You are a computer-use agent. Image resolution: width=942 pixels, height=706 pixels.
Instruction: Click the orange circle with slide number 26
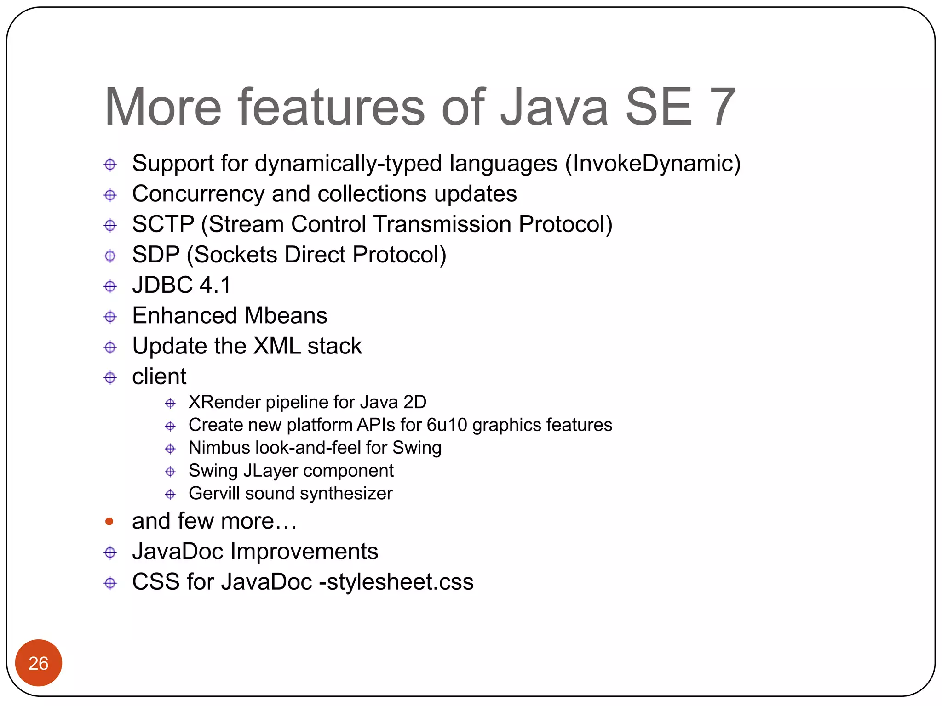(38, 662)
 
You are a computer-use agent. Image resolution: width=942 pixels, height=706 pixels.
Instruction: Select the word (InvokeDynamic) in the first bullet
(653, 164)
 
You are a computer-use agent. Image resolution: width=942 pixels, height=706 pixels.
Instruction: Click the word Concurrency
(198, 194)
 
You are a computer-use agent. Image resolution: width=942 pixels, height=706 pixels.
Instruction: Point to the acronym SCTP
(163, 224)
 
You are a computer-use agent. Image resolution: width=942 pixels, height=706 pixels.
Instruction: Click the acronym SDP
(155, 255)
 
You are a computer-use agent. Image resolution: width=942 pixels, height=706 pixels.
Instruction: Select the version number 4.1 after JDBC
(215, 285)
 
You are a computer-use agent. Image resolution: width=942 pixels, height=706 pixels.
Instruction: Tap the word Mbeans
(286, 316)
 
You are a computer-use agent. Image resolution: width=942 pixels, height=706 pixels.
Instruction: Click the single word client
(159, 376)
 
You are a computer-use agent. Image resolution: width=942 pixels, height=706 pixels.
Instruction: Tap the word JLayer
(270, 471)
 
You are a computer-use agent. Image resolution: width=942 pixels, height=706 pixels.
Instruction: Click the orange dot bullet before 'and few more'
(109, 521)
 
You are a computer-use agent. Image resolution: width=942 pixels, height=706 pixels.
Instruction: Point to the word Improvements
(304, 552)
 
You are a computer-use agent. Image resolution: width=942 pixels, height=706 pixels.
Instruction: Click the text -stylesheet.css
(396, 582)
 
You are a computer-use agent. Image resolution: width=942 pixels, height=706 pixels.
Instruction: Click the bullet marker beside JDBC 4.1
(110, 286)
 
